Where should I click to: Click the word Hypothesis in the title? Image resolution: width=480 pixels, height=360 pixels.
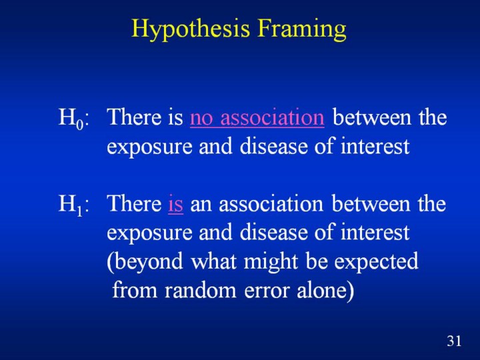click(191, 29)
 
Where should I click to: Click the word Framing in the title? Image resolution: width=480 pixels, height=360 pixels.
click(301, 29)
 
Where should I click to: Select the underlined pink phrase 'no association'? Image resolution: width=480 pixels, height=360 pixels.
click(257, 117)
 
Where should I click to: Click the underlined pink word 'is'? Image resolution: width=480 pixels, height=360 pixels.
click(175, 204)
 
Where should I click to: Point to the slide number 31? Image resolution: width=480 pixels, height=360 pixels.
click(454, 341)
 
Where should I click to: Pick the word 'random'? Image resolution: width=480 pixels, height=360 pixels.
click(200, 289)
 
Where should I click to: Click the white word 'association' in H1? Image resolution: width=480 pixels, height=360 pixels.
click(271, 204)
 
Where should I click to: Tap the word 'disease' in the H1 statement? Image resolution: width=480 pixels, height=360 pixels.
click(273, 233)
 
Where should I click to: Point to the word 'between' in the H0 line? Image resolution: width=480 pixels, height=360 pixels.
click(371, 117)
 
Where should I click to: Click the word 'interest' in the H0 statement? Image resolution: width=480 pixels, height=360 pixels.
click(375, 147)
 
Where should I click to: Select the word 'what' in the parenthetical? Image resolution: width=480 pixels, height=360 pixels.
click(214, 261)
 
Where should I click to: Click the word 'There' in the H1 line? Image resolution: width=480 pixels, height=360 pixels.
click(135, 203)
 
